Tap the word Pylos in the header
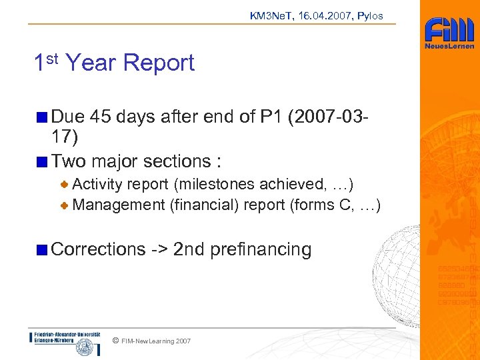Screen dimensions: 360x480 point(370,15)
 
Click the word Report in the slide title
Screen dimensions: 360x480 point(159,63)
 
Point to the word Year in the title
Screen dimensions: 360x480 point(91,63)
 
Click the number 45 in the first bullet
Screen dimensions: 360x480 point(102,117)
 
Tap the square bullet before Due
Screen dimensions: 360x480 point(43,117)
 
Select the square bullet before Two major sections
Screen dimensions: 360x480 point(43,161)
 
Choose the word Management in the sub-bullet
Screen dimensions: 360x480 point(119,205)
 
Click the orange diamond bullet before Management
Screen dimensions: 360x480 point(65,205)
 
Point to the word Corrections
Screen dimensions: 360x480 point(98,249)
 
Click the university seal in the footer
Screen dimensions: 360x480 point(84,347)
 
